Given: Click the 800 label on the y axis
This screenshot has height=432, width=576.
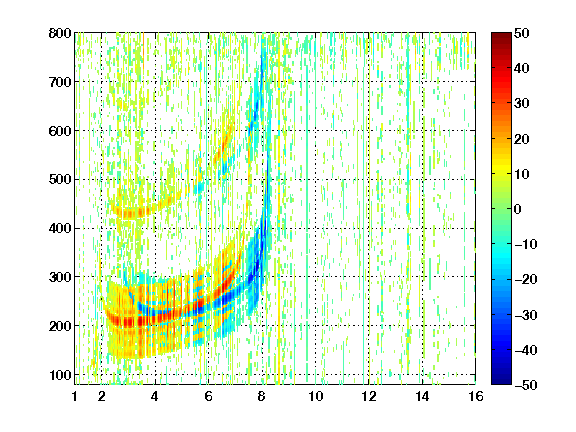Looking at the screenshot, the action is click(x=60, y=33).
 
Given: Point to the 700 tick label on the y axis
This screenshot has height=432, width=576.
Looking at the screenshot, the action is click(x=60, y=82).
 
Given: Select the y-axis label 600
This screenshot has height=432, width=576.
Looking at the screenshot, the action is click(x=60, y=131).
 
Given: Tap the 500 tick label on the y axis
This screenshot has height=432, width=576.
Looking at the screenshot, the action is click(x=60, y=180).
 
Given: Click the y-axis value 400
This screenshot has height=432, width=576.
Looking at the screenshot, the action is click(x=60, y=228).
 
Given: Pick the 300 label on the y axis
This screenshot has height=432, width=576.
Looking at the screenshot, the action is click(x=60, y=277).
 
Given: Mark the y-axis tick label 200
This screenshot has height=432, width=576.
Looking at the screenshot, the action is click(x=60, y=326).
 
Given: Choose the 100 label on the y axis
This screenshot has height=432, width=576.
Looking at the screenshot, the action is click(x=60, y=375).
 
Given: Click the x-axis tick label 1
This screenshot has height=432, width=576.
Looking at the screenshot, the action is click(x=75, y=396).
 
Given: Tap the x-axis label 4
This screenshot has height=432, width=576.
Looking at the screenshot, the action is click(x=155, y=396).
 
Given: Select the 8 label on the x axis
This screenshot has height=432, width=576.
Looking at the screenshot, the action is click(x=262, y=396).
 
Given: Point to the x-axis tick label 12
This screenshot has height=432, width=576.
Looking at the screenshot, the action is click(x=369, y=396).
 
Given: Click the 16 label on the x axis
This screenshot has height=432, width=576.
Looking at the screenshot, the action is click(x=476, y=396).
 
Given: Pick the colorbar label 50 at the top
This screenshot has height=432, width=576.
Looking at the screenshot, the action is click(x=522, y=33).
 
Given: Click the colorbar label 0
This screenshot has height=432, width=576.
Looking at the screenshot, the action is click(x=518, y=209).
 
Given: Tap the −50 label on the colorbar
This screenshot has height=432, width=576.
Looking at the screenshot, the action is click(x=526, y=385).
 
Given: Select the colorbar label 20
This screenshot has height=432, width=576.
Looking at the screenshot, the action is click(x=522, y=139).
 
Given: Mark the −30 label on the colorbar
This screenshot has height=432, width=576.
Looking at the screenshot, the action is click(x=526, y=315).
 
